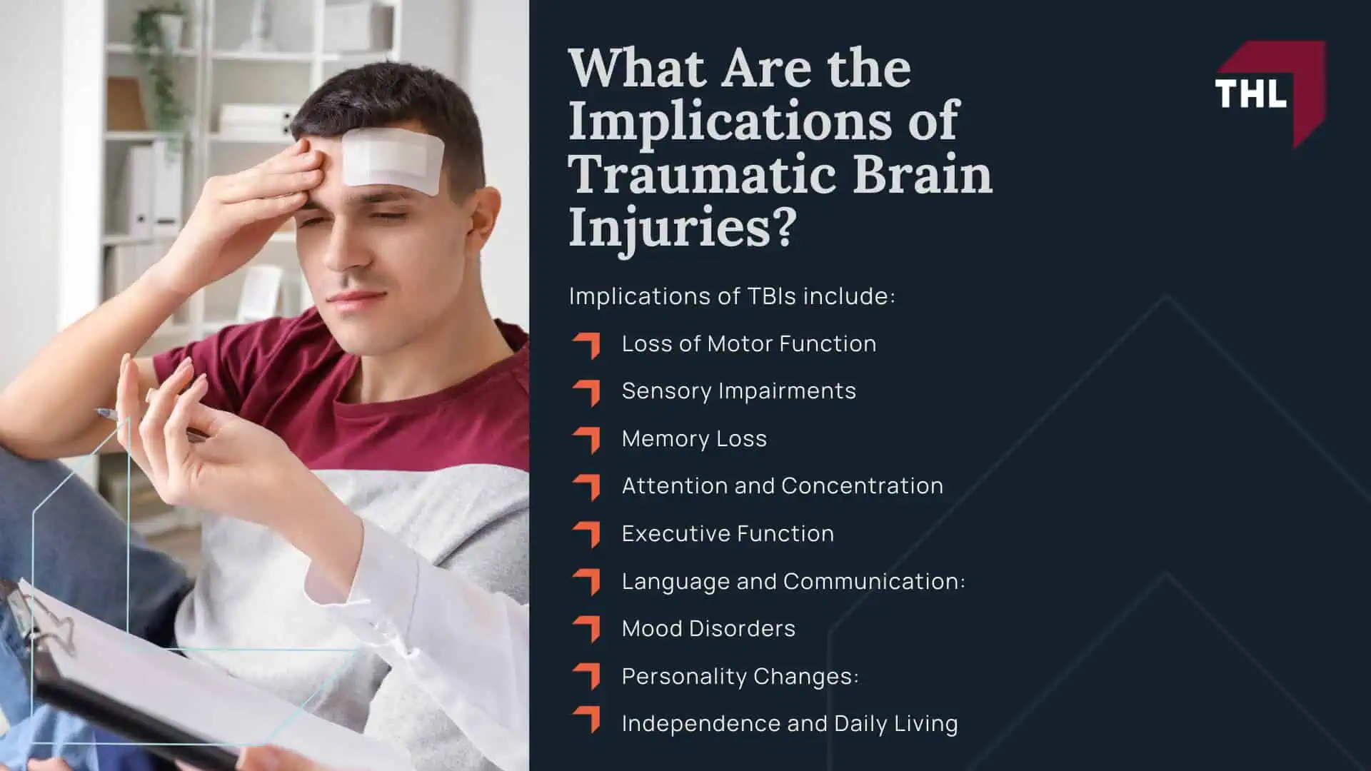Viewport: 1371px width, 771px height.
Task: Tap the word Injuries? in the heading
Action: click(x=681, y=228)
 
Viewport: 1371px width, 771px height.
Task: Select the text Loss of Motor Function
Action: click(x=748, y=344)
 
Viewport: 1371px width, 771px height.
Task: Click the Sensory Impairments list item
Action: click(x=738, y=391)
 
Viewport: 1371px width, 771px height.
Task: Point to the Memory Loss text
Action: click(x=694, y=439)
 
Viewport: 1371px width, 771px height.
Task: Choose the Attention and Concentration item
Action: click(x=782, y=486)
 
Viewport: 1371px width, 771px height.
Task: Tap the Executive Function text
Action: click(x=728, y=534)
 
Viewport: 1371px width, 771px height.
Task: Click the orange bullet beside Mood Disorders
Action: click(x=587, y=628)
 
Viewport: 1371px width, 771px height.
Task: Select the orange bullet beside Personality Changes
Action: click(x=587, y=675)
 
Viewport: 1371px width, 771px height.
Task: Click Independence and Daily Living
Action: click(x=789, y=724)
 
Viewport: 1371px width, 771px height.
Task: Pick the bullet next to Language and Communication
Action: click(x=587, y=581)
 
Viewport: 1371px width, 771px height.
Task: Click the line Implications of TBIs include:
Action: click(x=731, y=296)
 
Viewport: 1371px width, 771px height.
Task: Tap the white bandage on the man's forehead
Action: click(x=392, y=161)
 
